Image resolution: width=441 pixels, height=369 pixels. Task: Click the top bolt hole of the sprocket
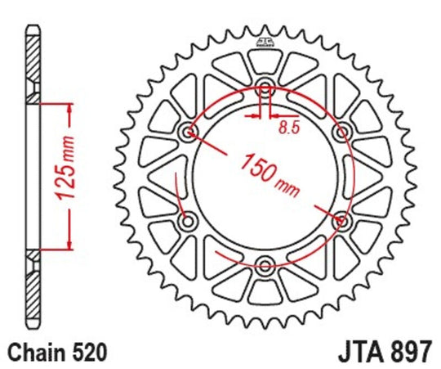coord(266,88)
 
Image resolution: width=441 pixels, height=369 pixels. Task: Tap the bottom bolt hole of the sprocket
coord(266,263)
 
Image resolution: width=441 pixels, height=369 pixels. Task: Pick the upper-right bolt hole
coord(342,131)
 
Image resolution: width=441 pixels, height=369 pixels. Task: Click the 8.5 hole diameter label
coord(288,127)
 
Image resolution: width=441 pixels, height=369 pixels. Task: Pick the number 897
coord(409,353)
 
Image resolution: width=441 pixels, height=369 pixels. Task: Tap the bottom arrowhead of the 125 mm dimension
coord(71,245)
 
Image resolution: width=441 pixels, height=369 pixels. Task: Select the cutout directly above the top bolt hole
coord(266,60)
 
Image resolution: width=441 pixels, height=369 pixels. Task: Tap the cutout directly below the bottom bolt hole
coord(266,290)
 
